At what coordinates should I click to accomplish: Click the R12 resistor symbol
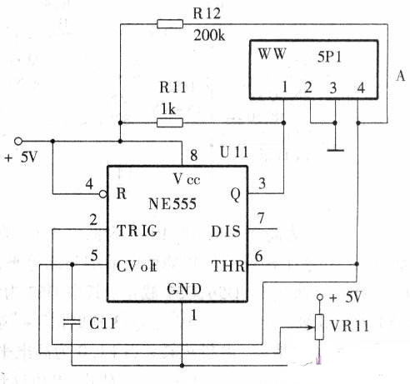(170, 24)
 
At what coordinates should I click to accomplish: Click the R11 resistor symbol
(170, 122)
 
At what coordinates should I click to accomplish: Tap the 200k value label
(209, 36)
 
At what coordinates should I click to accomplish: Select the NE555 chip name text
(172, 204)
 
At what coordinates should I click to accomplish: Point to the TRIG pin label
(137, 231)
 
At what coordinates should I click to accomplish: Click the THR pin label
(228, 266)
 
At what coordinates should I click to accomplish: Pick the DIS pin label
(226, 232)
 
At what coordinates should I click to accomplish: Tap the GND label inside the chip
(184, 289)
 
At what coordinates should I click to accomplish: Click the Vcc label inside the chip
(187, 179)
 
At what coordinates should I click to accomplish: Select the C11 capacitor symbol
(72, 322)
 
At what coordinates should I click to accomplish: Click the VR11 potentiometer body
(319, 327)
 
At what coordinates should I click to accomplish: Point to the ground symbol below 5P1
(335, 150)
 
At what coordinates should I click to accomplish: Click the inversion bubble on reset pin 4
(103, 194)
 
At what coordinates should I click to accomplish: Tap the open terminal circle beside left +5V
(18, 142)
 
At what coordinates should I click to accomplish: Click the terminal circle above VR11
(320, 297)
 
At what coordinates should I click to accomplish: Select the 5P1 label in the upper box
(329, 57)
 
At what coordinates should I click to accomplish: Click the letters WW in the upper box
(272, 54)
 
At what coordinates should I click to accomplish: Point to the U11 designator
(233, 152)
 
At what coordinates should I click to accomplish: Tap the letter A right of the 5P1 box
(401, 76)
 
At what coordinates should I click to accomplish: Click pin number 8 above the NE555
(194, 155)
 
